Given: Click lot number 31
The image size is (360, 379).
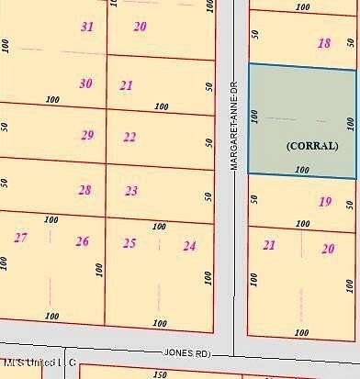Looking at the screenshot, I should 87,27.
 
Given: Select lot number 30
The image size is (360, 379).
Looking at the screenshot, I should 85,84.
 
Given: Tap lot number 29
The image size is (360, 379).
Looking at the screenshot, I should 87,136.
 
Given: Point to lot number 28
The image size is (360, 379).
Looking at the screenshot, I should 84,190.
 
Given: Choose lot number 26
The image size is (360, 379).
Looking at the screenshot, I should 83,241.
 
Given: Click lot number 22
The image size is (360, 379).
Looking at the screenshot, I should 129,138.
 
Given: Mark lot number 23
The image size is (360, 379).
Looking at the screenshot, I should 131,191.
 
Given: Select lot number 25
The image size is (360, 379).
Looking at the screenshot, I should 129,243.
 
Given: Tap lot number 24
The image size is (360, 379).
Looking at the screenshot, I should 189,245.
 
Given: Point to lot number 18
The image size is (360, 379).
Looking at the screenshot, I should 324,43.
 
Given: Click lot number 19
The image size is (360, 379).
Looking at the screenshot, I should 324,202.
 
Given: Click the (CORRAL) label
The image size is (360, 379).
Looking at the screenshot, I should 312,146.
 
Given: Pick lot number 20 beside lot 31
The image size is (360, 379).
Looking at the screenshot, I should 140,27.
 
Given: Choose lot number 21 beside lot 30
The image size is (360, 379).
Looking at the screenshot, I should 127,85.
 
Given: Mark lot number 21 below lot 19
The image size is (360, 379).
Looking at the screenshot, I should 269,245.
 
